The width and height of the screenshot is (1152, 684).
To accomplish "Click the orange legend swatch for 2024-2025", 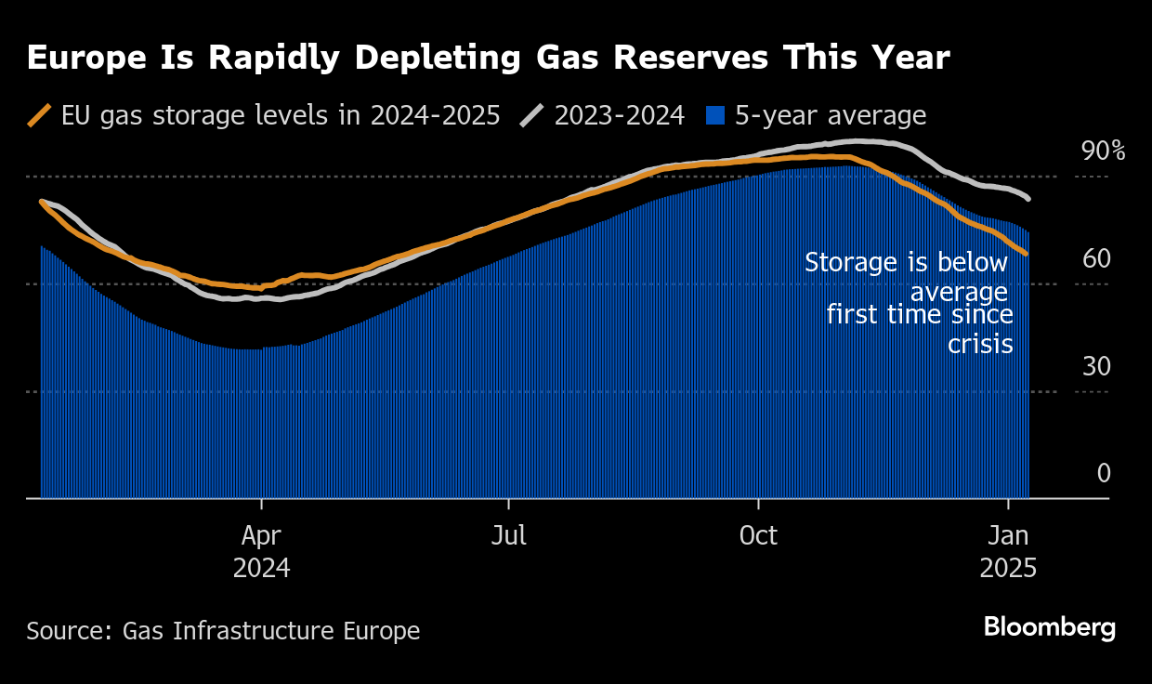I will coord(40,115).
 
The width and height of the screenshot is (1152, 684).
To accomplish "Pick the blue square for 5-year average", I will coord(715,115).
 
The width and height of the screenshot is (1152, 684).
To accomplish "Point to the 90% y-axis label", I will coord(1103,151).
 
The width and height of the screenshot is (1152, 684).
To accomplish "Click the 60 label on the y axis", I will coord(1096,259).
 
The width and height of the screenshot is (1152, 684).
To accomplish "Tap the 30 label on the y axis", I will coord(1096,367).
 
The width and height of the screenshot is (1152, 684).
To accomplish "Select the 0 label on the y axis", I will coord(1104,474).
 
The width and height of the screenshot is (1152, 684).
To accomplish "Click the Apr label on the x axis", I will coord(262,536).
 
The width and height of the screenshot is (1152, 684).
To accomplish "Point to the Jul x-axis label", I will coord(509,536).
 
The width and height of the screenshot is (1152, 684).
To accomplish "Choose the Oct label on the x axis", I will coord(758,536).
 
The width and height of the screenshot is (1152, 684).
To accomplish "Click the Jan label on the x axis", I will coord(1008,536).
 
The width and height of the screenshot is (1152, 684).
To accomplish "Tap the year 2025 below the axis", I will coord(1008,568).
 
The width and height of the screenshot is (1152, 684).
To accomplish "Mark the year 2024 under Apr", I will coord(262,568).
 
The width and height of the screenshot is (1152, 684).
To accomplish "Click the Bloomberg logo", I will coord(1049,627).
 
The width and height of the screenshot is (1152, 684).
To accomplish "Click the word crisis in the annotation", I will coord(980,344).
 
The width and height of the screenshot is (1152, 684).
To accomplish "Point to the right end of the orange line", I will coord(1026,254).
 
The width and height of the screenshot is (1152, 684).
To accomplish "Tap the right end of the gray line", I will coord(1028,198).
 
